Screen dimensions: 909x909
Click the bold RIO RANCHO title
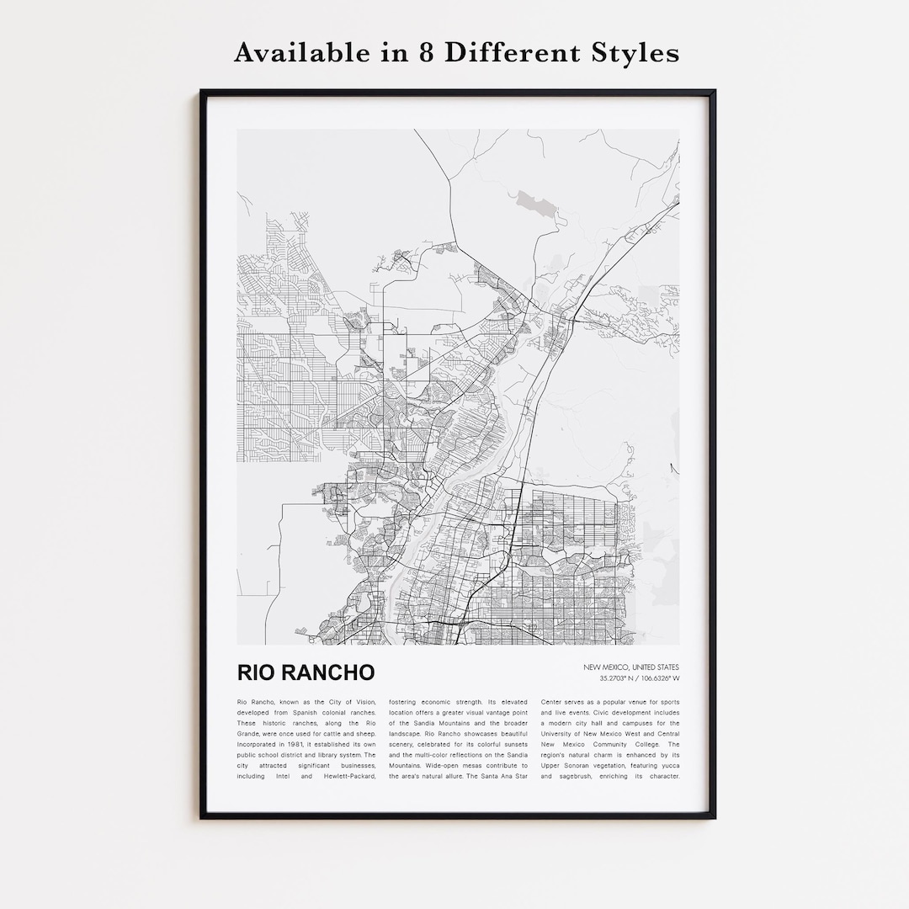306,672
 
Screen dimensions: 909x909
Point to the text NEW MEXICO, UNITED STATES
631,667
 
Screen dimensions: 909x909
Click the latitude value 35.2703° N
619,678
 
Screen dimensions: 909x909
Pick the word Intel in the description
281,776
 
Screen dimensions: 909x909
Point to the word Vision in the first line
363,702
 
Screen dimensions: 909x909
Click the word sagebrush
584,776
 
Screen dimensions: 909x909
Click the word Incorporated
260,744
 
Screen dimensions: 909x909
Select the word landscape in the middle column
410,734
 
